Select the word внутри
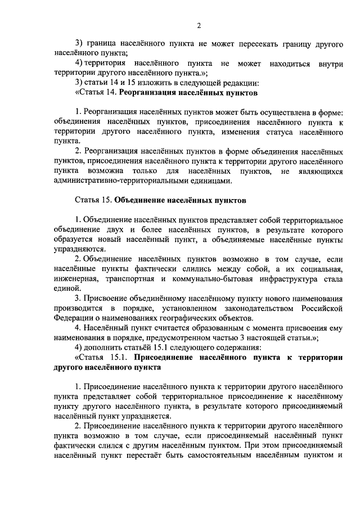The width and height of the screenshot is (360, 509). click(330, 64)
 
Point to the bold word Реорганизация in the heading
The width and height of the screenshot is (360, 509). click(145, 92)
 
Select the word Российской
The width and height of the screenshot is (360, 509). click(319, 308)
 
